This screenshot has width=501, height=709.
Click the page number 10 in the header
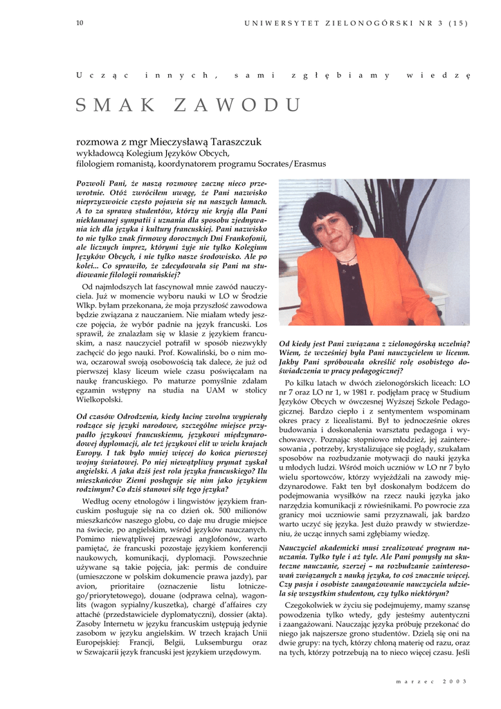80,23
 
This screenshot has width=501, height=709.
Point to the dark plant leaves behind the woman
388,201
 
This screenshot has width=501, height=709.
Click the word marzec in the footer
412,681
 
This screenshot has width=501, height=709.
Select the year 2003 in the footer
455,681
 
